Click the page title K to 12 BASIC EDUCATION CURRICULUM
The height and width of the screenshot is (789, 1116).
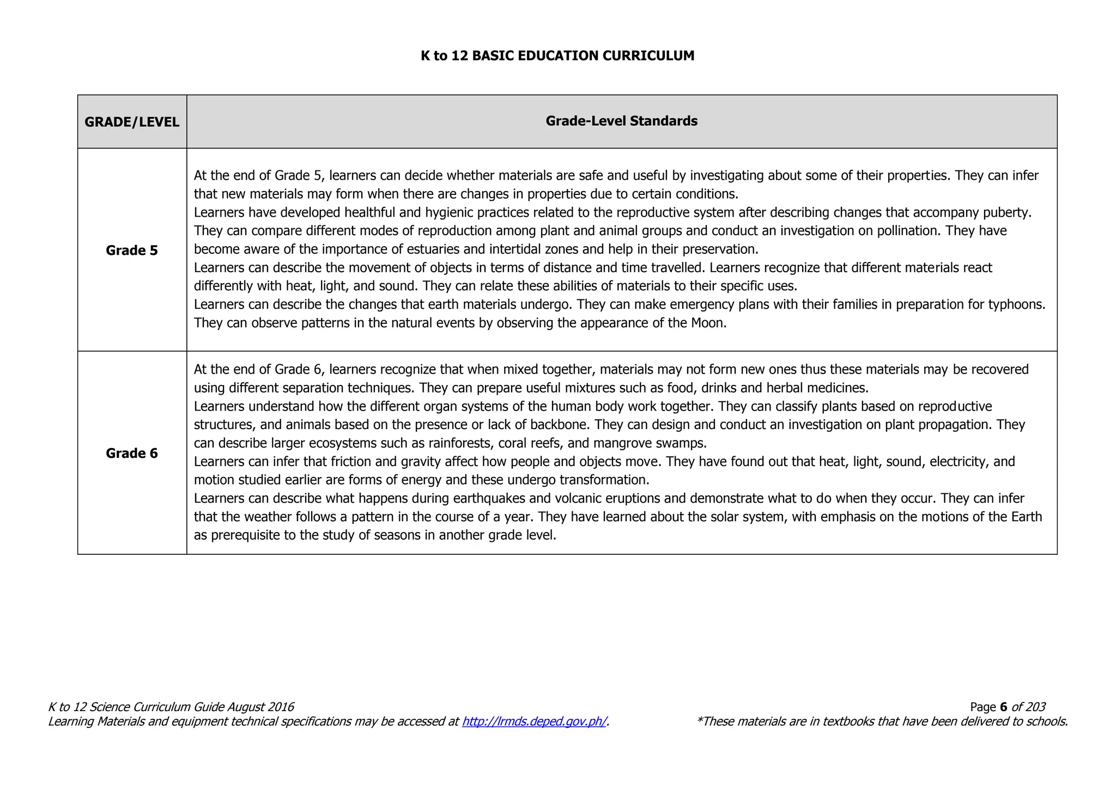(x=557, y=56)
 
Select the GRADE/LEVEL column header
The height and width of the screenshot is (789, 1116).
(x=132, y=122)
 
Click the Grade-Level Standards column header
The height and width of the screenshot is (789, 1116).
(x=621, y=121)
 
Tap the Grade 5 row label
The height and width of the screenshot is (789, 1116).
(x=132, y=250)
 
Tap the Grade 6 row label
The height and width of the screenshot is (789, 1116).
(x=132, y=453)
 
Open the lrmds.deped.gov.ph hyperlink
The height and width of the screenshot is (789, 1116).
(x=534, y=721)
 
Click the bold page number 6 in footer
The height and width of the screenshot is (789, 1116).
(x=1003, y=707)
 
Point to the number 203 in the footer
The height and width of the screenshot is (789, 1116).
(x=1035, y=707)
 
